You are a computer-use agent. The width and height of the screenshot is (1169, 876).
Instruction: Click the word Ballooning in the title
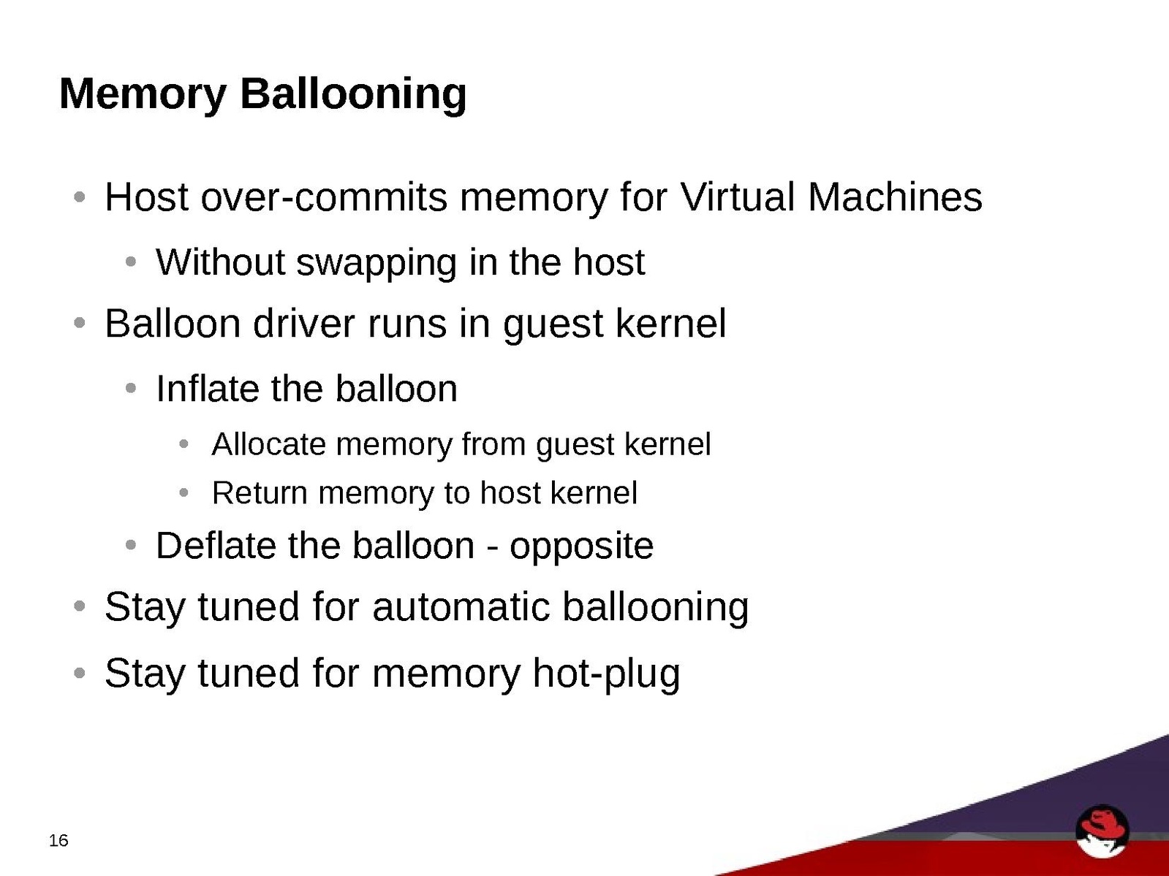(353, 95)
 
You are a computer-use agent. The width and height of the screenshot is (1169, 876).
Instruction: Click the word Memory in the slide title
(143, 95)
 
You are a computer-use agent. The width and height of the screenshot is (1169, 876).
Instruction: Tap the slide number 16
(58, 840)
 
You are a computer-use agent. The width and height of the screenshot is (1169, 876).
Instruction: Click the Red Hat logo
(1102, 831)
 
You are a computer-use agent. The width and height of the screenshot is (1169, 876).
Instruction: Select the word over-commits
(324, 197)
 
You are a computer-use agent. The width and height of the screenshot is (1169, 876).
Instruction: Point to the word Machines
(895, 197)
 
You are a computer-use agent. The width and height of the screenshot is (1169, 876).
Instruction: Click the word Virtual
(738, 197)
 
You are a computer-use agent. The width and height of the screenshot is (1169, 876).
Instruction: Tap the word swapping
(377, 264)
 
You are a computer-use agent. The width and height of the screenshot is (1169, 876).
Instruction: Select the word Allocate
(268, 444)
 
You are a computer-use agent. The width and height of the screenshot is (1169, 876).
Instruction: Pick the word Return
(260, 492)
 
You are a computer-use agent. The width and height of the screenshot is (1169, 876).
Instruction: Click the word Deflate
(216, 545)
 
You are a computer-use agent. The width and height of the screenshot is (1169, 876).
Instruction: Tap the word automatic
(461, 606)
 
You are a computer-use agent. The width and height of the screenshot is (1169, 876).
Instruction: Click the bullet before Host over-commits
(80, 197)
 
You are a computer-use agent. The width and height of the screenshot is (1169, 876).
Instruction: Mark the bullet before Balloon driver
(80, 322)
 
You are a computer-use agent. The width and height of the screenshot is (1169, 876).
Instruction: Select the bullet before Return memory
(184, 493)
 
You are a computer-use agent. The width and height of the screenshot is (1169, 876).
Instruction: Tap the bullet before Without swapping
(130, 262)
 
